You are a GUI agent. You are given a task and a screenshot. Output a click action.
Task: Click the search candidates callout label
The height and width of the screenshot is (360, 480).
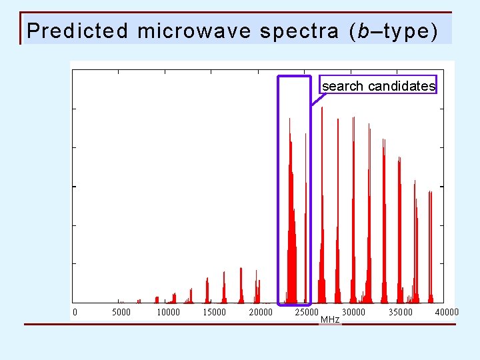[x=378, y=86]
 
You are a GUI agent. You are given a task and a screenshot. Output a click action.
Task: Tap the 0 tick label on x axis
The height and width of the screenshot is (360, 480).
[x=75, y=312]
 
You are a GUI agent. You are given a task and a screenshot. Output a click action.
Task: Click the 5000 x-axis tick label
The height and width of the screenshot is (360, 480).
[x=121, y=312]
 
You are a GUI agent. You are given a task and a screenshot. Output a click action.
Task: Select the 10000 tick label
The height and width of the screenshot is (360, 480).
[x=167, y=312]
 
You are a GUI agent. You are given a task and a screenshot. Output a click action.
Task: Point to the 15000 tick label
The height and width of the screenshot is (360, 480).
[x=214, y=312]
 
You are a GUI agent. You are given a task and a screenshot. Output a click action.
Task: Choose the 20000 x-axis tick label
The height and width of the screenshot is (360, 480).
[x=261, y=312]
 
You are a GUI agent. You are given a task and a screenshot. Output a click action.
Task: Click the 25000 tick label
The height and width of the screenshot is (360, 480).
[x=307, y=312]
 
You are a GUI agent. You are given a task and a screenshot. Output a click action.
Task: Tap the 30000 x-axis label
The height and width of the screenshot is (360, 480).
[x=354, y=312]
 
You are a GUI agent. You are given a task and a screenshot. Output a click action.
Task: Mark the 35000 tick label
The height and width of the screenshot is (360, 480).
[x=400, y=312]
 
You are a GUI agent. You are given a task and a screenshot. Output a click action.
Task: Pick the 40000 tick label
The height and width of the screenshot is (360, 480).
[x=447, y=312]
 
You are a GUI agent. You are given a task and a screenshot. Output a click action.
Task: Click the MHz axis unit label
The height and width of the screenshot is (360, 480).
[x=330, y=320]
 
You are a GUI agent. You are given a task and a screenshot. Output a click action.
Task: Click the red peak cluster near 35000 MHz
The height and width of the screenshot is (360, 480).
[x=399, y=233]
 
